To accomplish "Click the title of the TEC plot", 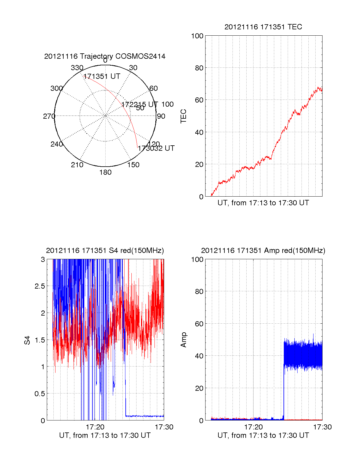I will point(263,27).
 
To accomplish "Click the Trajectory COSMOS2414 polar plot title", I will point(105,56).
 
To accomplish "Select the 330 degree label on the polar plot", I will point(77,68).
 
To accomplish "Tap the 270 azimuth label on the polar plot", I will point(49,116).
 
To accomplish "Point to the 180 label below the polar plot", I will point(105,172).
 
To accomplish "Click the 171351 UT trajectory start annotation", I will point(102,76).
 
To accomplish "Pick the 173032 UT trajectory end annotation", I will point(156,148).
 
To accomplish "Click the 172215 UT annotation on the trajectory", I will point(139,104).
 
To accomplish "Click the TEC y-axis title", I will point(183,116).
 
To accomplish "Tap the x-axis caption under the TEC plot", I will point(263,203).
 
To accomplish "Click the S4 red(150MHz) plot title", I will point(105,251).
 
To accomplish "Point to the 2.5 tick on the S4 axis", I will point(40,286).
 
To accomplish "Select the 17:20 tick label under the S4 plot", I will point(95,427).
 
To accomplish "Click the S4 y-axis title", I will point(27,340).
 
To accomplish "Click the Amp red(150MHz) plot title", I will point(263,251).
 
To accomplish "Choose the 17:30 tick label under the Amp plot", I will point(322,427).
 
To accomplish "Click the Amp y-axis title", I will point(183,340).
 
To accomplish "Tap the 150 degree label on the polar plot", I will point(133,165).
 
